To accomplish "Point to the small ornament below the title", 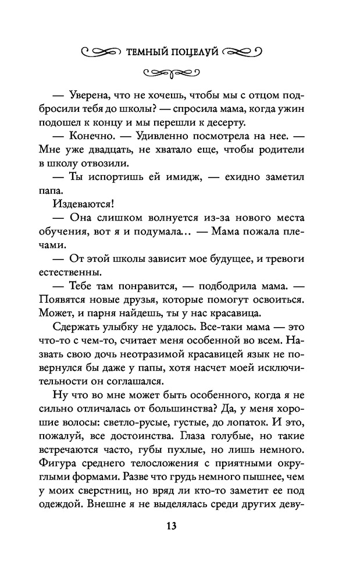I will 172,73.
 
